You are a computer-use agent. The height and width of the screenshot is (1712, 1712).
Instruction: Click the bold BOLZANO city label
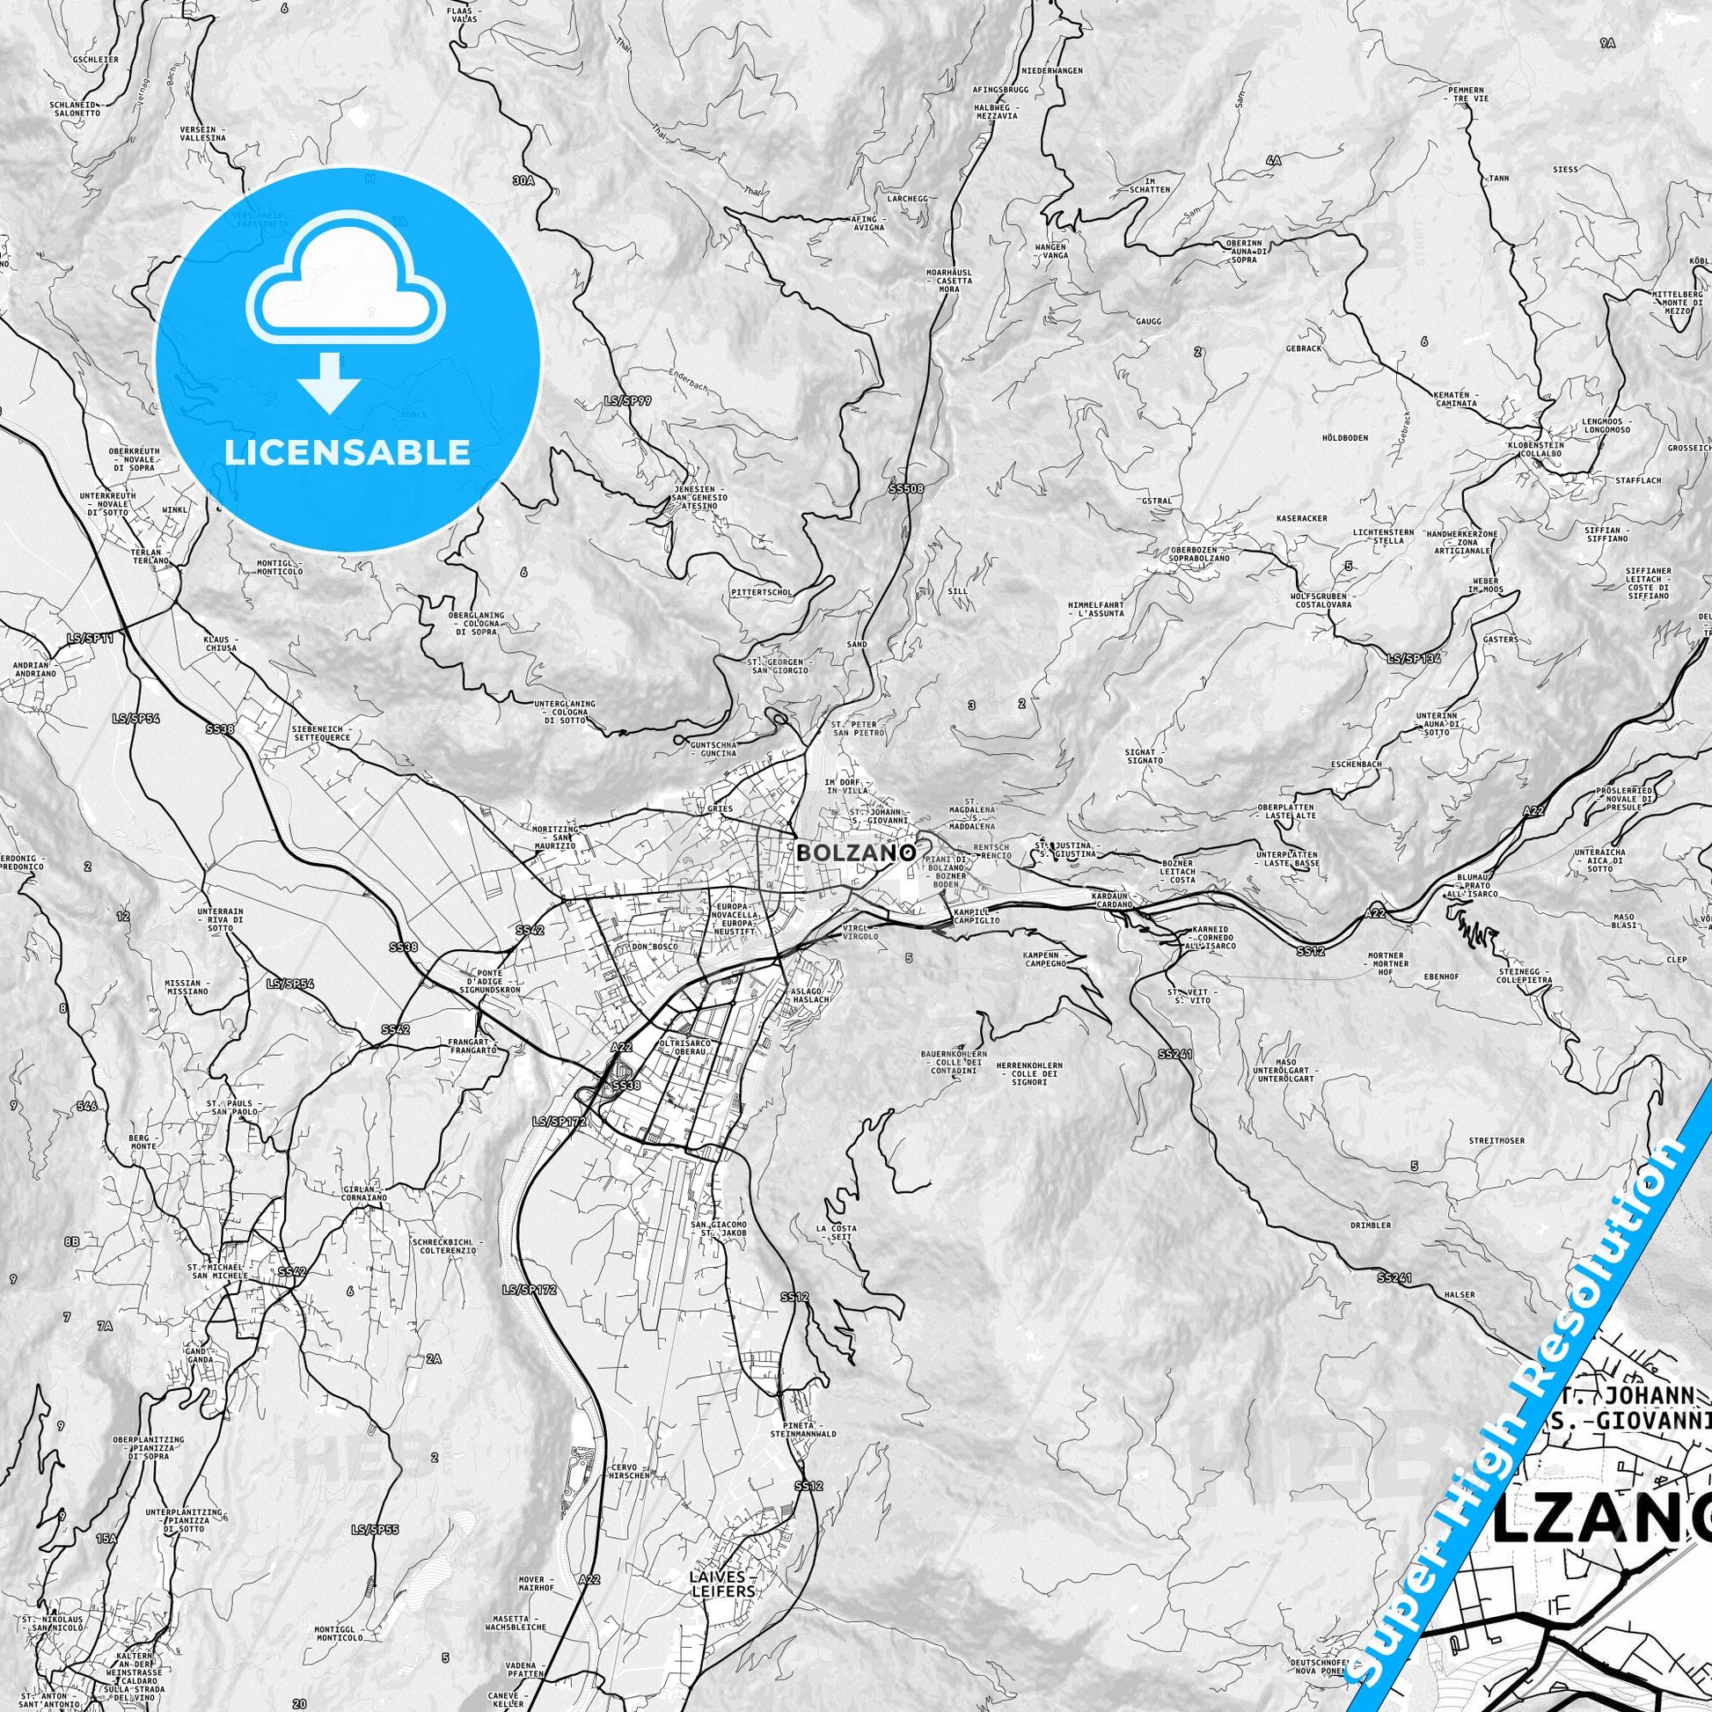pos(856,852)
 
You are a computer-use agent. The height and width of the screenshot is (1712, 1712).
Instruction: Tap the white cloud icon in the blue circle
pos(348,279)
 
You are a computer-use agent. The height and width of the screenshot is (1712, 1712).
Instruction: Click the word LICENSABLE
pos(348,452)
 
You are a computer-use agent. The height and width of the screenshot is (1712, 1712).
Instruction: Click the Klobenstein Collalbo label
pos(1538,449)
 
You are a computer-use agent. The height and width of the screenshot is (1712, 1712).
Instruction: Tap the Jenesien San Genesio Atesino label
pos(699,498)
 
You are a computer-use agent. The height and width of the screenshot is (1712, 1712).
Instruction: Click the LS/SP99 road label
pos(628,400)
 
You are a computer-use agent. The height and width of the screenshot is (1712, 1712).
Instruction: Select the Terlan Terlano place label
pos(147,557)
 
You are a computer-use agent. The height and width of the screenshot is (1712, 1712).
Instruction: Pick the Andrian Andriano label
pos(34,669)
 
